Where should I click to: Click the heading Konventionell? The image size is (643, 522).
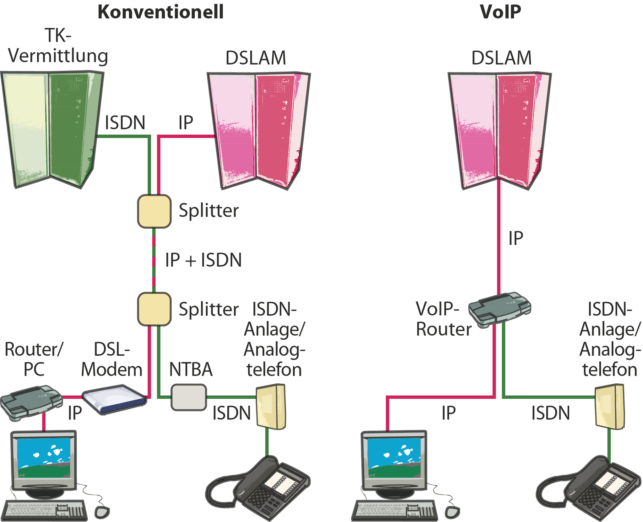coord(160,12)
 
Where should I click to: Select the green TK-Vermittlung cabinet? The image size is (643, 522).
coord(52,129)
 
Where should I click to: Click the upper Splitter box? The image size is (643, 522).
coord(154,211)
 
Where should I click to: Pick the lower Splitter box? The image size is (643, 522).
coord(154,309)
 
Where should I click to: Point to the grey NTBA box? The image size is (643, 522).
coord(189,397)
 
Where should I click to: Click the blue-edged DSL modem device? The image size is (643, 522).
coord(114,399)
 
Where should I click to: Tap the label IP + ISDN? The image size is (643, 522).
coord(203,260)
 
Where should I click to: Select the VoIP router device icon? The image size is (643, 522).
coord(499,309)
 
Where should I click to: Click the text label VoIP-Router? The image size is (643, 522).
coord(443,319)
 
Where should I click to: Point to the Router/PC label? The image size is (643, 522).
coord(34,360)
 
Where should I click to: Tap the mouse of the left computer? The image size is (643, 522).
coord(102,512)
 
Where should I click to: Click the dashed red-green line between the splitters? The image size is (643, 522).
coord(154,260)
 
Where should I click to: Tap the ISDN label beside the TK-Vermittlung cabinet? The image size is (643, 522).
coord(125,123)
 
